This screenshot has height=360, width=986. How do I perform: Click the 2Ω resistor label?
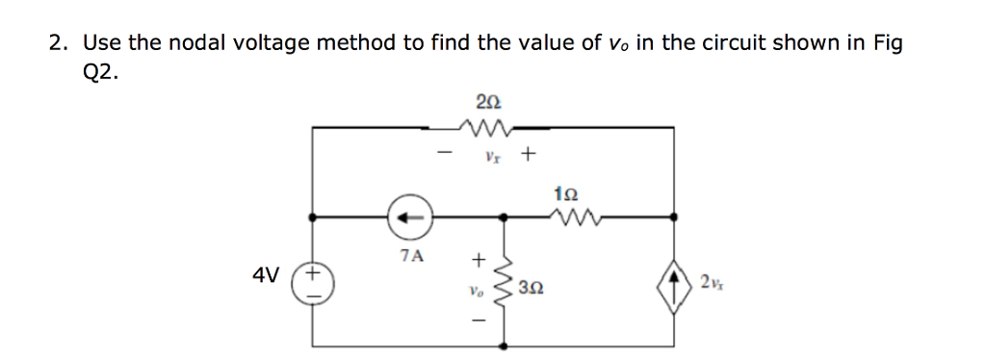tap(488, 99)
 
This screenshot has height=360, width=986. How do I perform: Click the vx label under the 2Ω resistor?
tap(491, 154)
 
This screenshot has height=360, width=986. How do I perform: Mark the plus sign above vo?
tap(475, 259)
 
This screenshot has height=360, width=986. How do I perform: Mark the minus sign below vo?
tap(475, 319)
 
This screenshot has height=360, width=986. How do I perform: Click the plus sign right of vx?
tap(529, 152)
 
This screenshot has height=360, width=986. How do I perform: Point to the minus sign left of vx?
tap(444, 152)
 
